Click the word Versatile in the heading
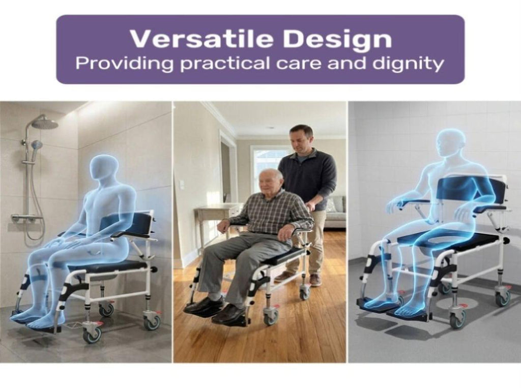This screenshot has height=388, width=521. tap(201, 39)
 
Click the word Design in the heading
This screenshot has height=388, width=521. tap(337, 40)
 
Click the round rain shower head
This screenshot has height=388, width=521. tap(45, 124)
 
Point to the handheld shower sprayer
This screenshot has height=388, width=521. tap(36, 145)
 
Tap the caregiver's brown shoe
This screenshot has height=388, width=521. tap(315, 280)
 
